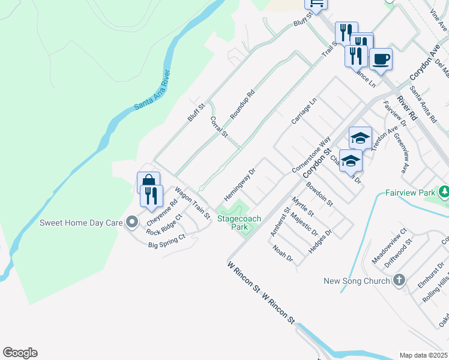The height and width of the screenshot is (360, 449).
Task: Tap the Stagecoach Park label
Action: tap(239, 223)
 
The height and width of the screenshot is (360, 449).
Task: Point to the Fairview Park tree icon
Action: tap(444, 193)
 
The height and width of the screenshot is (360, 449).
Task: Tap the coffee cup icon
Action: tap(381, 59)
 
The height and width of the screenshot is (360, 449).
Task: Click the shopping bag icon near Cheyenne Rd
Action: tap(148, 182)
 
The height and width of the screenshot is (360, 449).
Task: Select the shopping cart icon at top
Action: tap(316, 4)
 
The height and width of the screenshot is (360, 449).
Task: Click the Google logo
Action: tap(20, 353)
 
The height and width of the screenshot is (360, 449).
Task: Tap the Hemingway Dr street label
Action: tap(240, 184)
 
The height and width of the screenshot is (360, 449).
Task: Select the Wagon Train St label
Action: tap(191, 203)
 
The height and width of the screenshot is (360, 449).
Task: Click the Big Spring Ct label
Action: tap(167, 244)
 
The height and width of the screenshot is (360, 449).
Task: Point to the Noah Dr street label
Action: tap(282, 254)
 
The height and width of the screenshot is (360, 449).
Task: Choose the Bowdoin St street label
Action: tap(319, 195)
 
